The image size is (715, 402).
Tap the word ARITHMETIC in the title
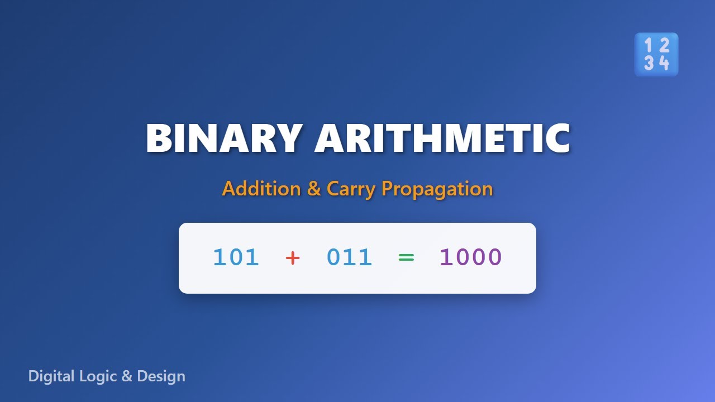pyautogui.click(x=442, y=138)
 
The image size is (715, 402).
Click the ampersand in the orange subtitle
pyautogui.click(x=314, y=189)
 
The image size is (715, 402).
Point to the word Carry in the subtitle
pyautogui.click(x=351, y=189)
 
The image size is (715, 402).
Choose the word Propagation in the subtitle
pyautogui.click(x=437, y=189)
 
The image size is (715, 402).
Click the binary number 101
pyautogui.click(x=236, y=257)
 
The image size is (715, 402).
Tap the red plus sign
pyautogui.click(x=293, y=258)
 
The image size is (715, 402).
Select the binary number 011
pyautogui.click(x=350, y=257)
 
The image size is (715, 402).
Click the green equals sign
pyautogui.click(x=406, y=258)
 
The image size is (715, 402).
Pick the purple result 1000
pyautogui.click(x=471, y=257)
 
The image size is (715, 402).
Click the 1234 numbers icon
pyautogui.click(x=656, y=54)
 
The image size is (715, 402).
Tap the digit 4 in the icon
pyautogui.click(x=664, y=63)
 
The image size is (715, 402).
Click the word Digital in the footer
pyautogui.click(x=51, y=376)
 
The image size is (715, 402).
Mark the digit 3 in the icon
pyautogui.click(x=648, y=63)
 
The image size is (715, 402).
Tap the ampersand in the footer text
pyautogui.click(x=127, y=376)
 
